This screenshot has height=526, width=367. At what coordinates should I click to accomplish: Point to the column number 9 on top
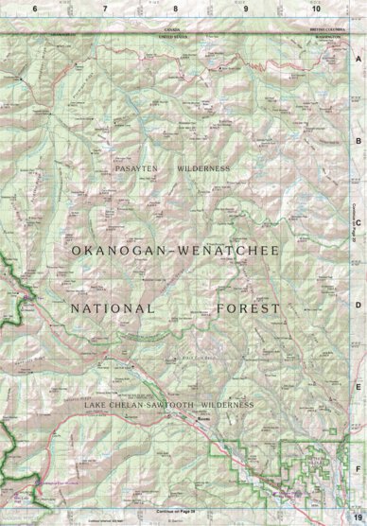(x=245, y=8)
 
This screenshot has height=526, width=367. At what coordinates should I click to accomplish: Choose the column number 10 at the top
(x=315, y=8)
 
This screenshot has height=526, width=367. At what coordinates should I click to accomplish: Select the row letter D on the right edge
(x=358, y=305)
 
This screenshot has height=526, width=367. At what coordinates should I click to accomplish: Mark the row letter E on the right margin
(x=358, y=387)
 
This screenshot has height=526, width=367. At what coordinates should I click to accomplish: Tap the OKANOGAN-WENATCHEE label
(x=174, y=250)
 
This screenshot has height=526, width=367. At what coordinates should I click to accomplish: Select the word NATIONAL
(x=113, y=309)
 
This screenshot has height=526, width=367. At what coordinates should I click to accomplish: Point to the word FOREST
(x=248, y=309)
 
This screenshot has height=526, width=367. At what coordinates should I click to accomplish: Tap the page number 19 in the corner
(x=357, y=516)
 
